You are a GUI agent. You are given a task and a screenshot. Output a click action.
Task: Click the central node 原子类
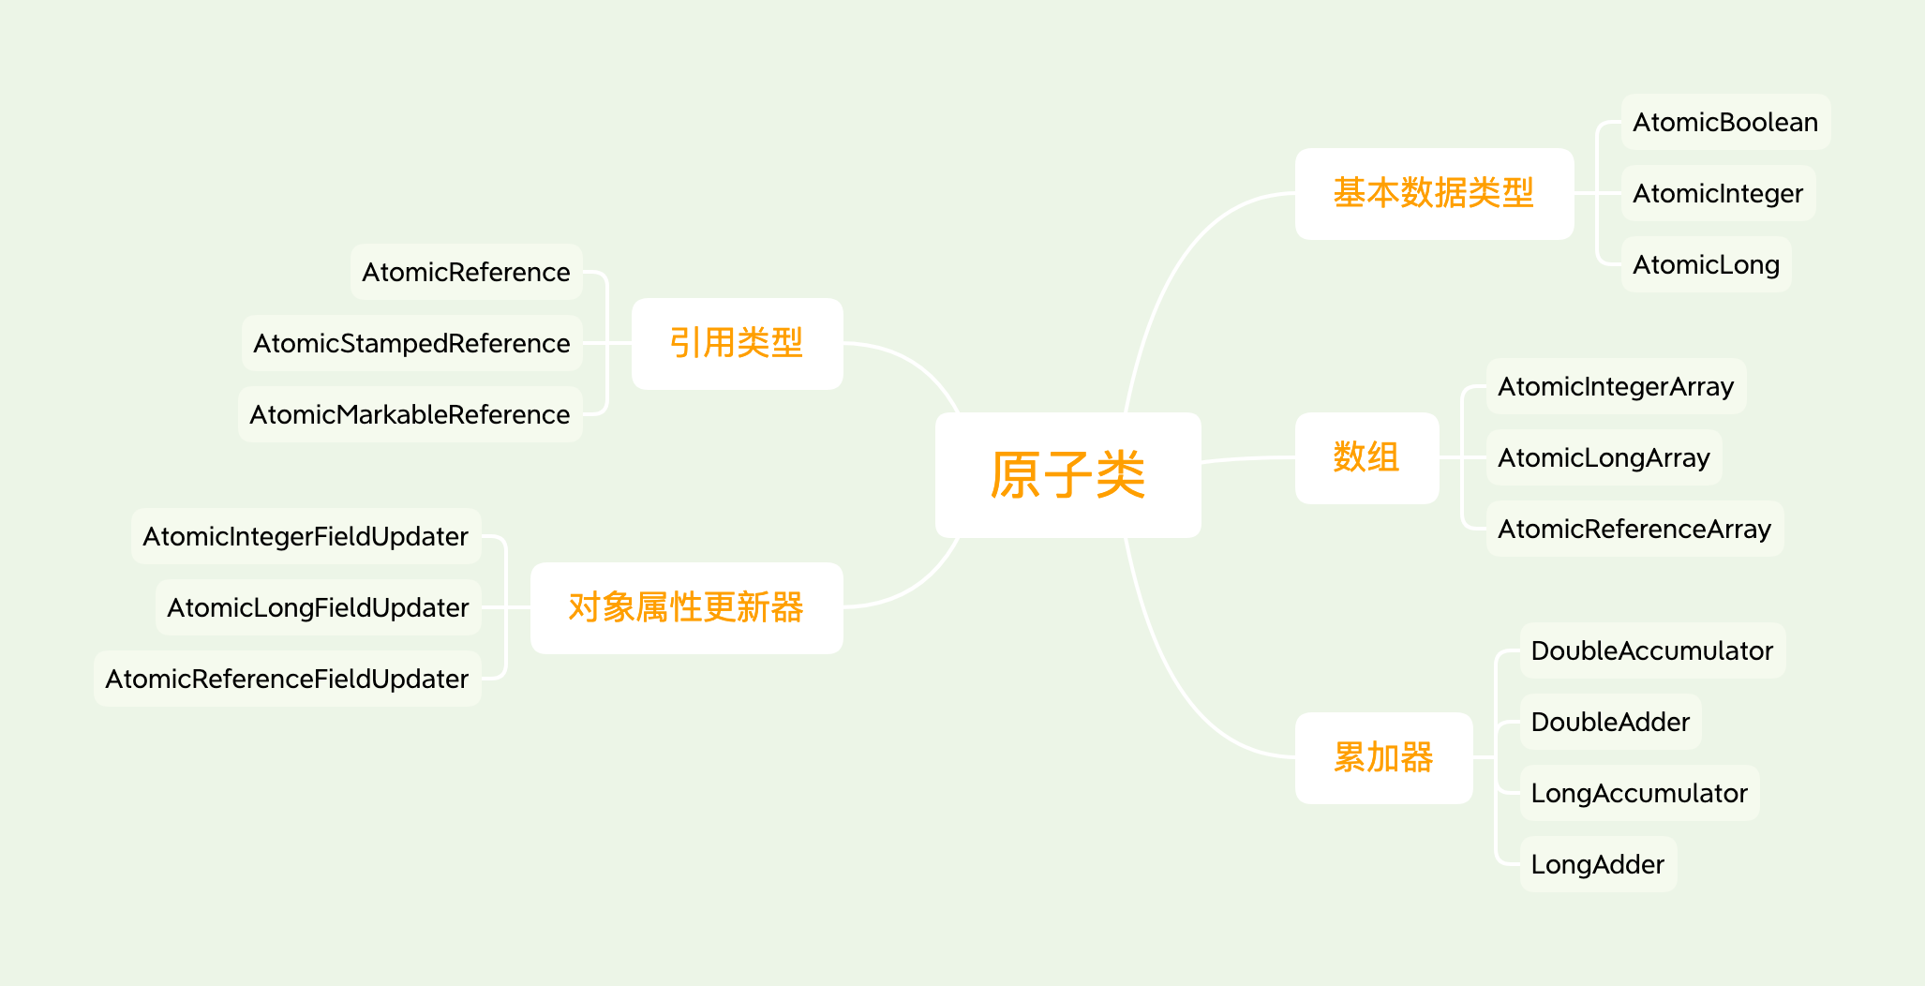1067,474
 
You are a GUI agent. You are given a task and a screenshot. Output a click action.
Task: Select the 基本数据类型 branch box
1433,193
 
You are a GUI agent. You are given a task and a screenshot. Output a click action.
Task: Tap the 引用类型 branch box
737,343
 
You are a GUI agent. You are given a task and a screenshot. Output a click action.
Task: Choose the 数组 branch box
1366,457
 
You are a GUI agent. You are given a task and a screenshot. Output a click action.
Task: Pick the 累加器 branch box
1383,757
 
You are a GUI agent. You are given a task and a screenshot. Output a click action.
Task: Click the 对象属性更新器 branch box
686,607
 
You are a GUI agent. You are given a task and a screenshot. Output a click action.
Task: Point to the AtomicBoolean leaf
1724,122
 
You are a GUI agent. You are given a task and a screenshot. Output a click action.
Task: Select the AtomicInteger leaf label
1717,193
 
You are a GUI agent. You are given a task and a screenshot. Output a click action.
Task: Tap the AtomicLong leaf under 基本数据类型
1706,264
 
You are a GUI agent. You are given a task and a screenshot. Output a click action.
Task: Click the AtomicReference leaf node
466,272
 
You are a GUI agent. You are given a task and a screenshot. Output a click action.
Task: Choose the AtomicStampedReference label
411,343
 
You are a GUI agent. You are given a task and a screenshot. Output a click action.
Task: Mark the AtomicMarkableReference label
410,414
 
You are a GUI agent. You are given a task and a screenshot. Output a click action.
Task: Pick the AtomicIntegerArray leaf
1615,386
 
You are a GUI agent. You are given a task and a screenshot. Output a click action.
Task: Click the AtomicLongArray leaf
1604,457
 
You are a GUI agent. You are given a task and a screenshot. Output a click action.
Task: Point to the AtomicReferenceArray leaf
1634,529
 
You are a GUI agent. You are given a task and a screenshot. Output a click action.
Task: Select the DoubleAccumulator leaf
1651,650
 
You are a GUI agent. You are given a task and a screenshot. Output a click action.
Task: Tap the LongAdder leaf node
1597,864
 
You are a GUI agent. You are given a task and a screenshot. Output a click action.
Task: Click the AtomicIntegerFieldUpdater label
306,536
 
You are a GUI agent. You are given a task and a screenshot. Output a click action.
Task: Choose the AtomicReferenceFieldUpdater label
287,679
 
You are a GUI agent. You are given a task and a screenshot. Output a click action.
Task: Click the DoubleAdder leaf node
1609,722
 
